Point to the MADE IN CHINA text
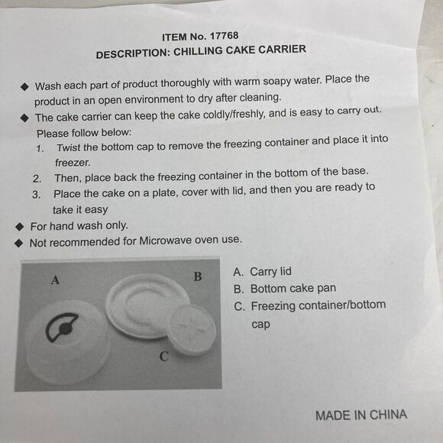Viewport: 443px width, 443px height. tap(361, 416)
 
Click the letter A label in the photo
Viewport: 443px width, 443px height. tap(55, 280)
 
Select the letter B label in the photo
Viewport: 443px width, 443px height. tap(197, 276)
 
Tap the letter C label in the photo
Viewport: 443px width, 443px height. tap(163, 356)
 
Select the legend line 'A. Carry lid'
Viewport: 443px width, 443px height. tap(262, 272)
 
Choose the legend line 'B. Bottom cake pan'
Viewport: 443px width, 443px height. tap(284, 289)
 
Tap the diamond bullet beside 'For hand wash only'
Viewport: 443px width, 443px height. tap(20, 226)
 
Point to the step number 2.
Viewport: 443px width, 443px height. tap(36, 178)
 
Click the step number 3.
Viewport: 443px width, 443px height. tap(36, 195)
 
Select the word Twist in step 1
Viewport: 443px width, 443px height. tap(70, 147)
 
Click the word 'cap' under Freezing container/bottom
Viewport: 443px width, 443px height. tap(262, 324)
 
